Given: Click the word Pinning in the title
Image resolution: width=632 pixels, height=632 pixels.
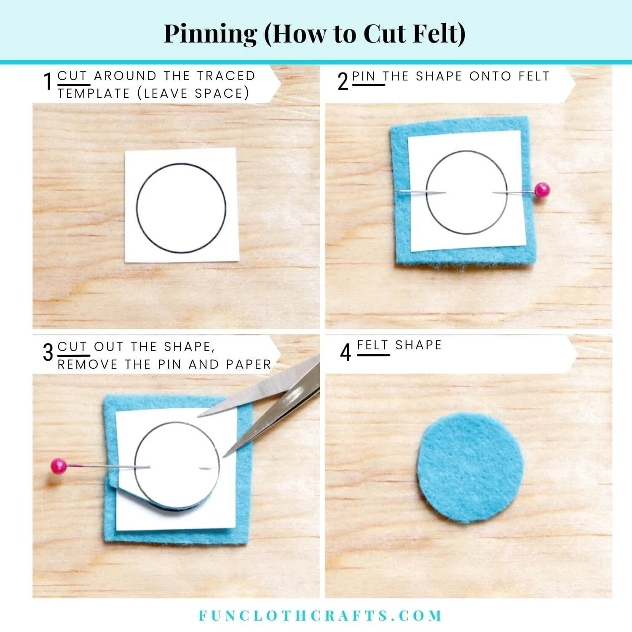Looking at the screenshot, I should [210, 34].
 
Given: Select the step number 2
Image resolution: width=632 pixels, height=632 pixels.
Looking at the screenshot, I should [343, 81].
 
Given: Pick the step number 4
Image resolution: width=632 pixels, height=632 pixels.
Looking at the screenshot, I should [345, 352].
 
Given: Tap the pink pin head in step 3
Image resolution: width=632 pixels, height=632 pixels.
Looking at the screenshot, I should [59, 466].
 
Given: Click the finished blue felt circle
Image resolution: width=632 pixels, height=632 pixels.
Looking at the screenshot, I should [471, 467].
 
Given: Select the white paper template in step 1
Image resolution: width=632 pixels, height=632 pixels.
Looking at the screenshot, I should [182, 206].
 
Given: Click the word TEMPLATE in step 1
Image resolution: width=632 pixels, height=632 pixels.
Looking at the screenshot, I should [94, 94].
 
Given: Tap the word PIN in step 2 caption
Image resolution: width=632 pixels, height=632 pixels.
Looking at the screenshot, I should [364, 76].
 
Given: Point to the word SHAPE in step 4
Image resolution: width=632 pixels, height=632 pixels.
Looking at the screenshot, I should [418, 345].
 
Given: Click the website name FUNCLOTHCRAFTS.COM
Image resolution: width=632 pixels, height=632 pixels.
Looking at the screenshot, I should [320, 616].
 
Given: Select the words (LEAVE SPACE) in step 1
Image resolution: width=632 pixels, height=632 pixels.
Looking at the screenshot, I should [193, 94].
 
